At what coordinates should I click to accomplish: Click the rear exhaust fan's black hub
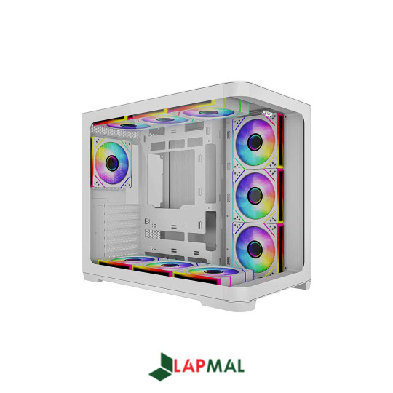(x=111, y=160)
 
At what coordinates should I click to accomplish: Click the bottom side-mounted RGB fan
(x=254, y=248)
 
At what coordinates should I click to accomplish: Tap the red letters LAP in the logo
(x=191, y=367)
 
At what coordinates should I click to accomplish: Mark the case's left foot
(x=93, y=280)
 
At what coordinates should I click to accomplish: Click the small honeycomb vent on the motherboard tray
(x=152, y=234)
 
